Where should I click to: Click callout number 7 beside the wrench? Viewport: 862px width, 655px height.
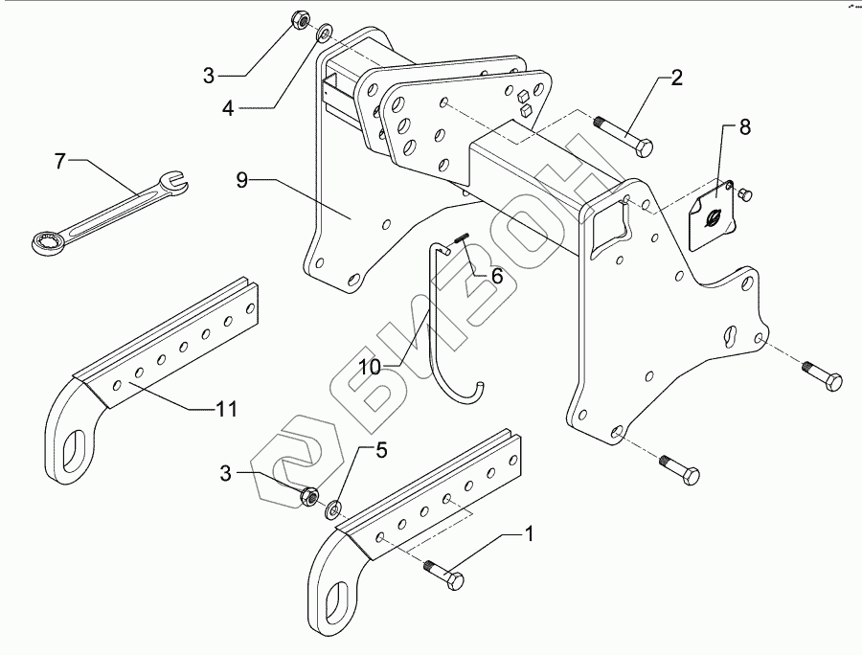pyautogui.click(x=58, y=162)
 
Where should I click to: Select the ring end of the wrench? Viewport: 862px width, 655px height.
pyautogui.click(x=44, y=241)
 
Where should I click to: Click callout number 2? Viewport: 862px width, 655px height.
pyautogui.click(x=676, y=79)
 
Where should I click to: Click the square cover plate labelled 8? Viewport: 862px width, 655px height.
pyautogui.click(x=713, y=215)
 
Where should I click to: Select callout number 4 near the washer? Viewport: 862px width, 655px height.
pyautogui.click(x=228, y=108)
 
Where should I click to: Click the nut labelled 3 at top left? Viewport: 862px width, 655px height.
pyautogui.click(x=298, y=19)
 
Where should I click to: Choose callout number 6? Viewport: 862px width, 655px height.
pyautogui.click(x=496, y=276)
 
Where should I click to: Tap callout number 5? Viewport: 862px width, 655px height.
pyautogui.click(x=380, y=449)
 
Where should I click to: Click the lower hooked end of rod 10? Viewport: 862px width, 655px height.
pyautogui.click(x=478, y=387)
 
